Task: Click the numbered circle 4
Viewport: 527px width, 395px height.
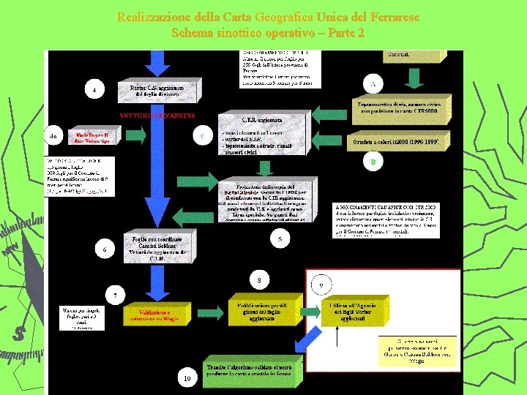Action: (x=95, y=90)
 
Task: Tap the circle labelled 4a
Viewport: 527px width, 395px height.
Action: (x=54, y=137)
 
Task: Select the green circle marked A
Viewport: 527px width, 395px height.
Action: (x=373, y=84)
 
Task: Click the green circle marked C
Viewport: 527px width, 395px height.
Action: (x=202, y=135)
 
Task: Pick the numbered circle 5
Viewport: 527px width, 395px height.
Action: (x=280, y=238)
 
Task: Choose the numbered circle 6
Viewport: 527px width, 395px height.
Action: (x=104, y=249)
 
